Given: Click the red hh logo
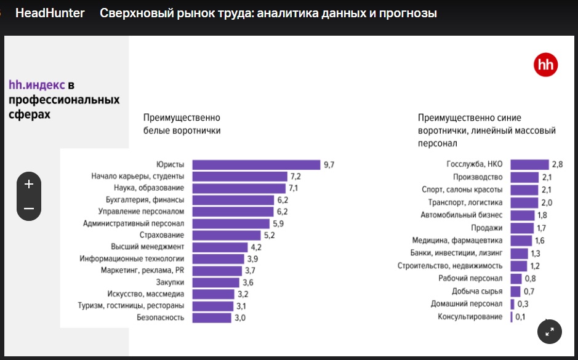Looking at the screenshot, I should tap(545, 65).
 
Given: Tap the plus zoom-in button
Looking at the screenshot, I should tap(29, 184).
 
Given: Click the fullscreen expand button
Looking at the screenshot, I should tap(550, 332).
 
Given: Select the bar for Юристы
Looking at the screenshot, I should tap(256, 165).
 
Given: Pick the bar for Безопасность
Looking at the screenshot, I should tap(211, 318).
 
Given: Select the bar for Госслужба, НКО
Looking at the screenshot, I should tap(529, 164).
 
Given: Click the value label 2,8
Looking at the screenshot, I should tap(558, 164).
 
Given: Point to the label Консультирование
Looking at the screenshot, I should tap(470, 317).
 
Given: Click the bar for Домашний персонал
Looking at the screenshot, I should tap(512, 304).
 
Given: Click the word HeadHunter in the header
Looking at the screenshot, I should tap(50, 13).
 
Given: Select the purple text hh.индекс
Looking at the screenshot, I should tap(36, 85).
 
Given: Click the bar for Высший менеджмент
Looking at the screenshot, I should tap(219, 247).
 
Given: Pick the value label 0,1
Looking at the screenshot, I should tap(520, 317).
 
